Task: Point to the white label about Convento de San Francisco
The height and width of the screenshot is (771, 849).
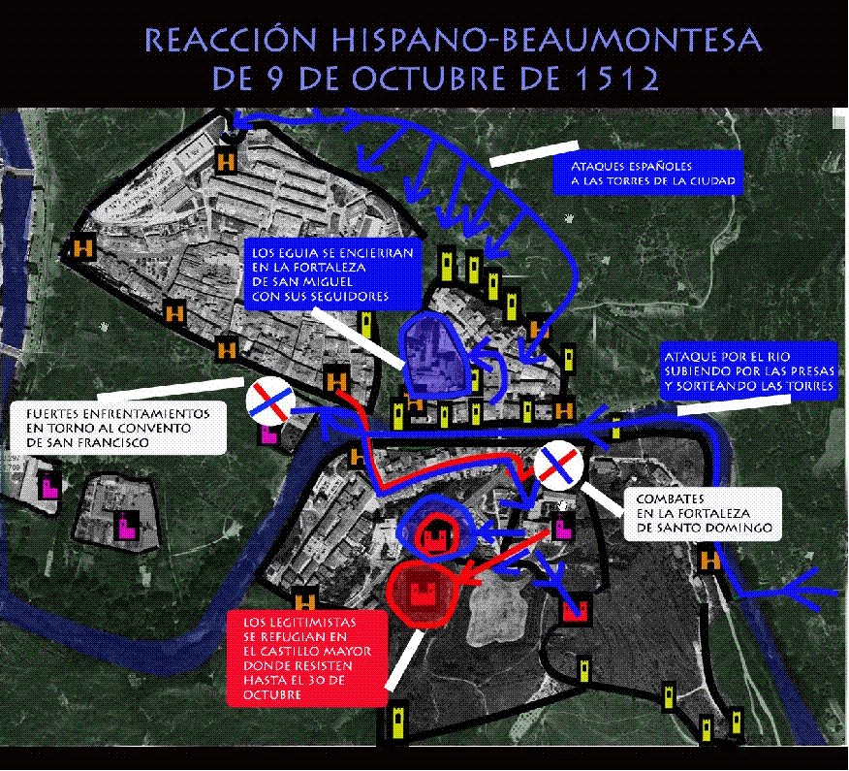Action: (117, 427)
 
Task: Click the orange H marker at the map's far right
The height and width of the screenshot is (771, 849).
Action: (709, 560)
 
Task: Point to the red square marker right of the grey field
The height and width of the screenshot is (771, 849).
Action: (576, 609)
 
